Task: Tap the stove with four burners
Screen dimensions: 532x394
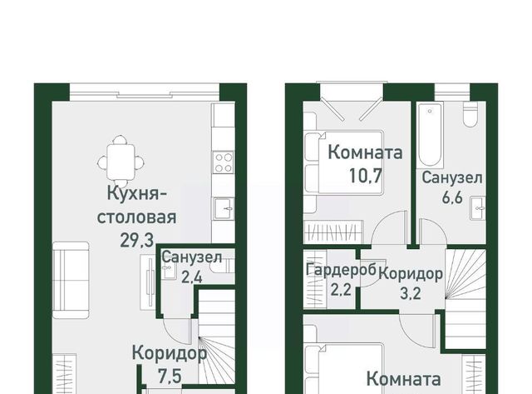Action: click(224, 162)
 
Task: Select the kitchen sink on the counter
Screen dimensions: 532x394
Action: click(224, 208)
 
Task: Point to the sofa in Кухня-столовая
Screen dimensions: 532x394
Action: click(71, 280)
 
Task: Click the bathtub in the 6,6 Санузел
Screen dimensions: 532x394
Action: click(431, 136)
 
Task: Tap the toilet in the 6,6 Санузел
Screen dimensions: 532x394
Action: click(470, 114)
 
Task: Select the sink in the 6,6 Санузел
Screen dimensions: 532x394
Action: click(479, 208)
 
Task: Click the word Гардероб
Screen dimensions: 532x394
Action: click(341, 270)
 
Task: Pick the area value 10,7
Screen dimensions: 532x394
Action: click(366, 177)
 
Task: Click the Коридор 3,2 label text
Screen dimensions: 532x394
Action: click(410, 283)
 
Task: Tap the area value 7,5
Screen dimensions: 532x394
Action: click(170, 377)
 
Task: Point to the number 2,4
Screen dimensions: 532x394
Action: click(192, 277)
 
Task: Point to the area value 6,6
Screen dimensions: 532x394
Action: click(452, 197)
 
